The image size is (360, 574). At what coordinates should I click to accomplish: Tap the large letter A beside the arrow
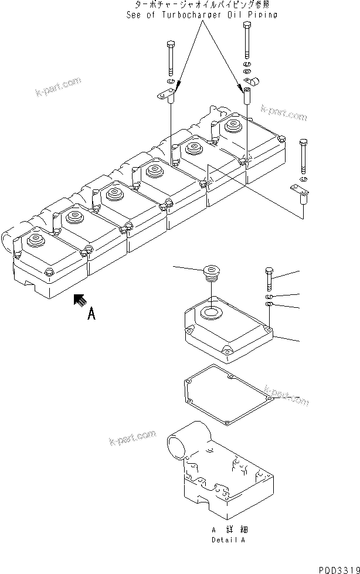click(x=91, y=315)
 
